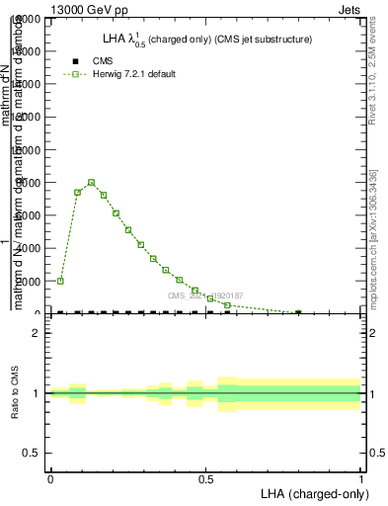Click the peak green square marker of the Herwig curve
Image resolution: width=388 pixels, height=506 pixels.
(x=91, y=182)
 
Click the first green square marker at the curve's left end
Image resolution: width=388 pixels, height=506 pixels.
(x=60, y=281)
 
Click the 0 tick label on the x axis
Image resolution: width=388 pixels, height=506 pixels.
(x=50, y=476)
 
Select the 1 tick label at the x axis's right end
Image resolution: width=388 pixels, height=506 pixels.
(x=361, y=476)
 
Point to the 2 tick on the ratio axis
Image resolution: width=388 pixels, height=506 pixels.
(x=35, y=334)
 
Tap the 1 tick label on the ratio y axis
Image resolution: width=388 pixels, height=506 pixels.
(x=35, y=393)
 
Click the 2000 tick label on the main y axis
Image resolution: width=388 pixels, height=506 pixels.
(x=27, y=281)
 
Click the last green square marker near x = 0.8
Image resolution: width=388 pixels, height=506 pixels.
(x=298, y=312)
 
